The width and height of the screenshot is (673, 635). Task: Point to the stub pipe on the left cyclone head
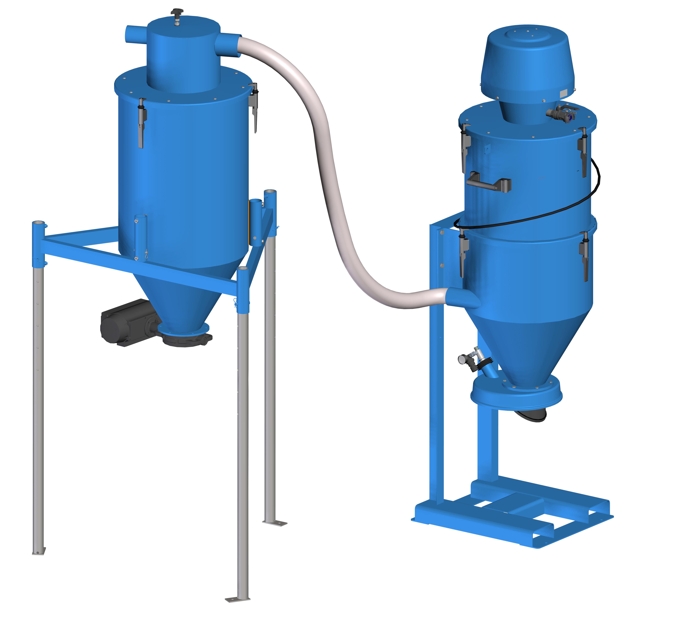(x=135, y=34)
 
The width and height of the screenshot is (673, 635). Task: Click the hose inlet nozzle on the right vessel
(x=462, y=298)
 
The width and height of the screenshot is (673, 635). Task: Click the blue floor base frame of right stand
(x=515, y=518)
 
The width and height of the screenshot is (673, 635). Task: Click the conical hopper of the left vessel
(x=179, y=294)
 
